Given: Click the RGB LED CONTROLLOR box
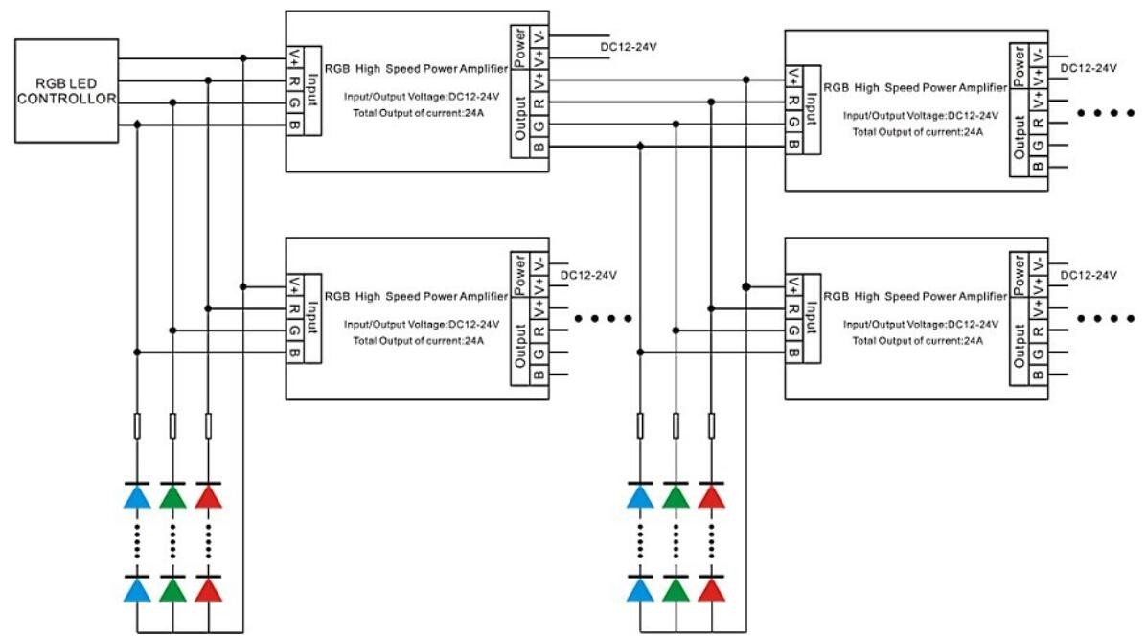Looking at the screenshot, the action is tap(66, 91).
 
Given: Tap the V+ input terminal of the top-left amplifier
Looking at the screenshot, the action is tap(294, 57).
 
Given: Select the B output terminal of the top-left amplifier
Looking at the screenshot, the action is tap(539, 148).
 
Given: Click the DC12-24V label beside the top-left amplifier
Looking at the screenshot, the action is tap(629, 47).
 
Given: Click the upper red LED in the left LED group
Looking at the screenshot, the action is tap(208, 495).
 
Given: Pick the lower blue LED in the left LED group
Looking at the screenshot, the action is tap(137, 589).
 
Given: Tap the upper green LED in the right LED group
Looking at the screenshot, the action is tap(676, 495).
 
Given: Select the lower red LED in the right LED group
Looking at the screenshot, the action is tap(711, 589).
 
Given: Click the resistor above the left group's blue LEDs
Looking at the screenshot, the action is tap(137, 426).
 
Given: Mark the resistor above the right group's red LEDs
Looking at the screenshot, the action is tap(711, 426).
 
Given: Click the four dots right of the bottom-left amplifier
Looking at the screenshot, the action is tap(603, 318).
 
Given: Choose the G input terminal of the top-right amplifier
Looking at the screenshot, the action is tap(793, 122).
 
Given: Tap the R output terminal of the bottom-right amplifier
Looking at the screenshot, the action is tap(1038, 330).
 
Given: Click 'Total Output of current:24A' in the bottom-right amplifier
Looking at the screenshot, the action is tap(917, 340).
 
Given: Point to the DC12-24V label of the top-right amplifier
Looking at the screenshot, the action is tap(1089, 68).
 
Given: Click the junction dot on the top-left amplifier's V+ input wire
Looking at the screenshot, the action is tap(243, 57).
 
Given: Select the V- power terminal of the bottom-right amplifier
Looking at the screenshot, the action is tap(1038, 263).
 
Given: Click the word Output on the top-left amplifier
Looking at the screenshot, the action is tap(519, 119).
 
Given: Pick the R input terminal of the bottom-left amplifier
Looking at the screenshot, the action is tap(294, 308).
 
